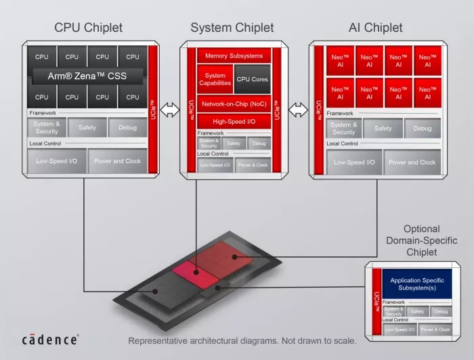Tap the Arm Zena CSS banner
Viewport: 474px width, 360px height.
pos(87,75)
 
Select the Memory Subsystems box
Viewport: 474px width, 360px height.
pos(233,56)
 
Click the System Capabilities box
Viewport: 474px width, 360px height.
pos(215,79)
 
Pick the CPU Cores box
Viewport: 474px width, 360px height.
pos(252,79)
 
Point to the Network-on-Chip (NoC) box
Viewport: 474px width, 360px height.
pos(233,104)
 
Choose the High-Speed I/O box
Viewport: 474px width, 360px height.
pos(233,121)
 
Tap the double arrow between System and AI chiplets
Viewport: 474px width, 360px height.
pos(299,109)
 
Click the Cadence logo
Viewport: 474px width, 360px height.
pos(50,338)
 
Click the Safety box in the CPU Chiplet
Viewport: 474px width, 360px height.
pos(87,127)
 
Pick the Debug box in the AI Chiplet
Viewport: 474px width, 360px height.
pos(423,128)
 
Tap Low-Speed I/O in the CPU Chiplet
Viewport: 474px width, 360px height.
pos(56,161)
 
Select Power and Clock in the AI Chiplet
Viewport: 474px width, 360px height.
pos(412,162)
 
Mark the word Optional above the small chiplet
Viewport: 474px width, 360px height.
pos(421,229)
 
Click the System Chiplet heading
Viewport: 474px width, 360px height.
pos(232,28)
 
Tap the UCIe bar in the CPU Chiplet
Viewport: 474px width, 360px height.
pos(152,108)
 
